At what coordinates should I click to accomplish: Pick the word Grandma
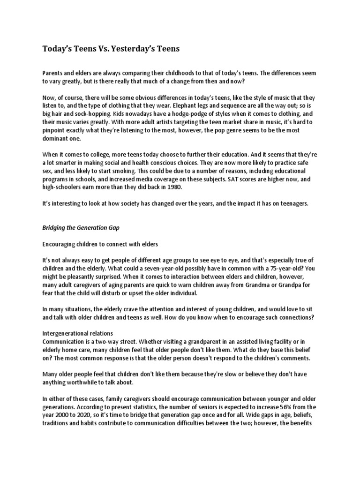pyautogui.click(x=260, y=285)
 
